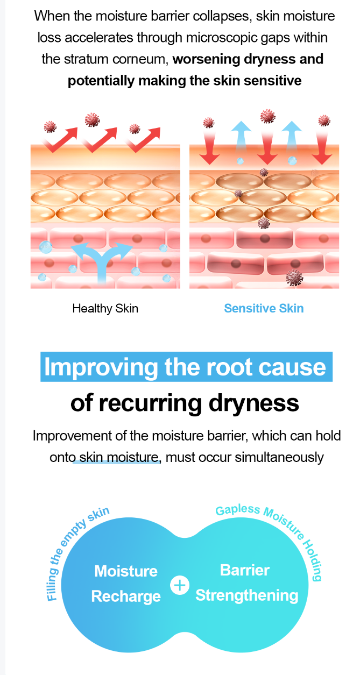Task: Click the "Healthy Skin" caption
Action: point(105,309)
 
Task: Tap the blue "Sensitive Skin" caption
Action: point(264,308)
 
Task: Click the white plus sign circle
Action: point(180,586)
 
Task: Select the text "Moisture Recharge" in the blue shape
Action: point(126,584)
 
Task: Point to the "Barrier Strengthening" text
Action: point(247,583)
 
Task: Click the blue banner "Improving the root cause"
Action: point(186,367)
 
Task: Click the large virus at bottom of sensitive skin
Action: point(294,278)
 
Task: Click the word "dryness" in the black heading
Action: point(254,403)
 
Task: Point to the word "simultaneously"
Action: point(279,457)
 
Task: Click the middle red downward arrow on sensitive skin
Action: point(267,148)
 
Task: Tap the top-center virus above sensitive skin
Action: point(268,116)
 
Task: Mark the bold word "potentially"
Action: point(101,81)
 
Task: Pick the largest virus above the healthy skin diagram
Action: point(92,119)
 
